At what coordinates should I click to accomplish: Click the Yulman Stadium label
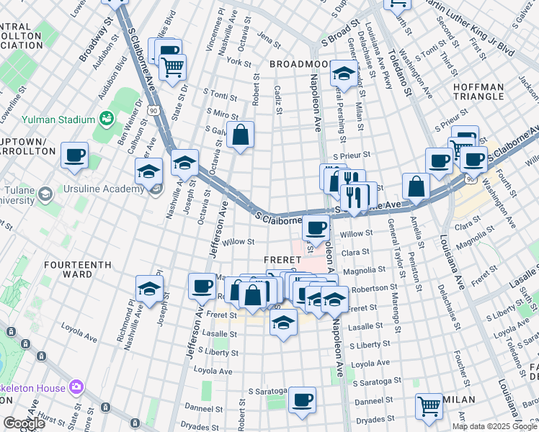pos(59,119)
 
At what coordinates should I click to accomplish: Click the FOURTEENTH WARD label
pos(77,269)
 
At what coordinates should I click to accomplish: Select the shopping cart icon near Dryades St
pos(429,406)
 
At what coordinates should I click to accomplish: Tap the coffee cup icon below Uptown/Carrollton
pos(74,156)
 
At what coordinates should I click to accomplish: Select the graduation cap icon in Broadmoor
pos(344,73)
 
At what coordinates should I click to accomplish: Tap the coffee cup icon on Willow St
pos(315,228)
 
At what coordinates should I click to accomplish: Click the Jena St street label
pos(267,36)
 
